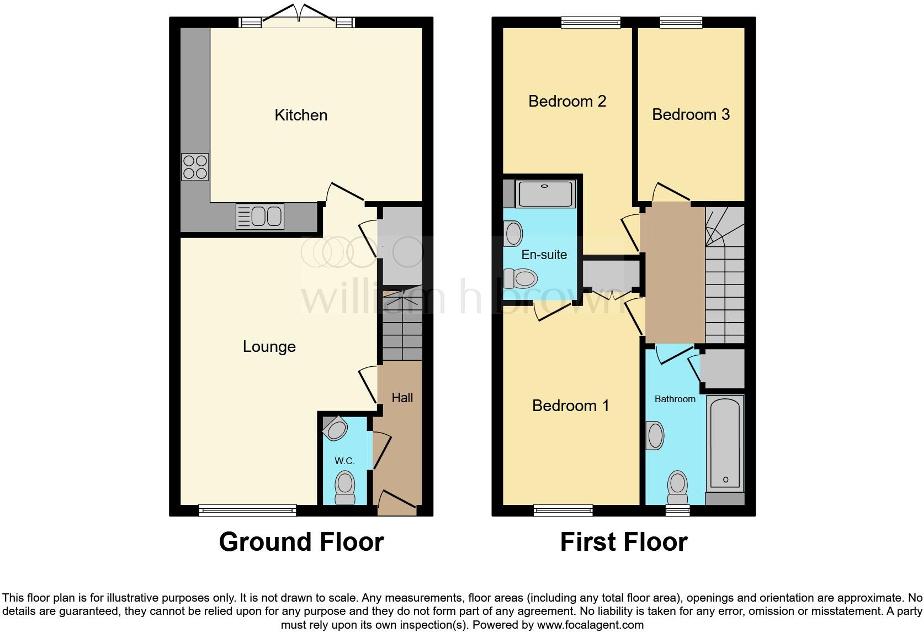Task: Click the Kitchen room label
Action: pos(301,115)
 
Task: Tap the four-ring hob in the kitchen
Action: pos(195,167)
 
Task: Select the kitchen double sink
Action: pos(259,216)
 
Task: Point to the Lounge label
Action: pos(269,346)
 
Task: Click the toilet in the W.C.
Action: pos(345,487)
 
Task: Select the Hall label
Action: pos(402,398)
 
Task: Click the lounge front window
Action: pos(247,510)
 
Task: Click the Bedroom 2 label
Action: pos(567,101)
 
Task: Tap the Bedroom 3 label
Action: pos(691,114)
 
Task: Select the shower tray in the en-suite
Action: pos(545,193)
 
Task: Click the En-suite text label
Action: pos(544,255)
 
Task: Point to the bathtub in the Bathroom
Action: pos(725,443)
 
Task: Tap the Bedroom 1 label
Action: pos(570,405)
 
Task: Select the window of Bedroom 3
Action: pos(681,22)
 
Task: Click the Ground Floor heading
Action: pos(301,542)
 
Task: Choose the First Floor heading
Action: pos(624,542)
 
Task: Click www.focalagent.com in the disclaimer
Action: pos(590,625)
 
